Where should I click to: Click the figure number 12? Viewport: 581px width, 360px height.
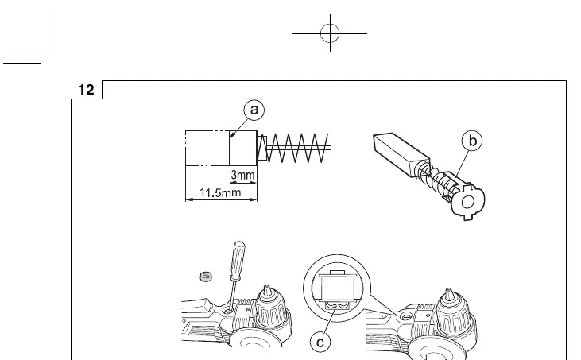(x=87, y=90)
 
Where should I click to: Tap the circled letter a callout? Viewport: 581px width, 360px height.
(x=254, y=110)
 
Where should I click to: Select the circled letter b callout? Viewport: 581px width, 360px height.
(x=472, y=141)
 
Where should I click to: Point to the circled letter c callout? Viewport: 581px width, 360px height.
(x=320, y=342)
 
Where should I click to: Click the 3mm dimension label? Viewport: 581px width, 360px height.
(x=242, y=175)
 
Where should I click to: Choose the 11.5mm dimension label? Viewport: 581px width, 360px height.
(x=220, y=192)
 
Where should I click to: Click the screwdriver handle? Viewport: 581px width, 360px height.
(x=237, y=259)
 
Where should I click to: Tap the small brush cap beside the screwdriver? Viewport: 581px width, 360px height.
(x=206, y=276)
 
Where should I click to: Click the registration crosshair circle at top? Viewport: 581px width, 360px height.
(x=330, y=33)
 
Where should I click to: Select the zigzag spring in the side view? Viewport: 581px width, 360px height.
(x=297, y=148)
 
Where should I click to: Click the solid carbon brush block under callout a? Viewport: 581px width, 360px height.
(x=243, y=148)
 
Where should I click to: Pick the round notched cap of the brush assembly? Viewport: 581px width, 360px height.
(x=467, y=202)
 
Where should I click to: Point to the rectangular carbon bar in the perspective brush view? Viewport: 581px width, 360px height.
(x=401, y=155)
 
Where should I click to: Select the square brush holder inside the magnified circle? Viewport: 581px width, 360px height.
(x=336, y=288)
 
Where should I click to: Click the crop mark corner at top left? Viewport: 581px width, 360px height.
(x=41, y=52)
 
